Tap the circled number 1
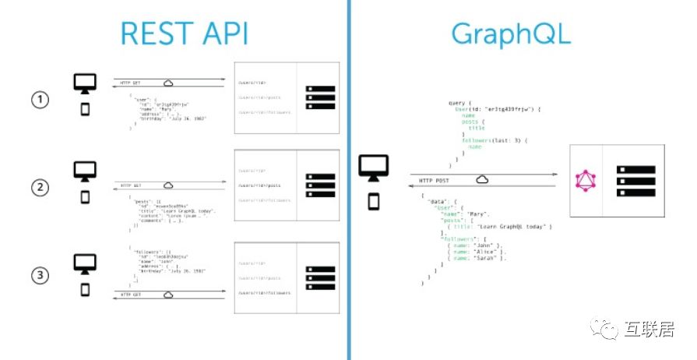click(x=40, y=99)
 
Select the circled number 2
click(x=40, y=187)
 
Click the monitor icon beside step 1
click(x=85, y=83)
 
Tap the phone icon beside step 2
click(x=85, y=198)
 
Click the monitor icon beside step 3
click(x=85, y=263)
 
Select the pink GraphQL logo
click(x=585, y=182)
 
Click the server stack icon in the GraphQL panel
click(x=632, y=181)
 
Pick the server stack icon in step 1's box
click(x=319, y=97)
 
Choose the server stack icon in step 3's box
click(x=319, y=277)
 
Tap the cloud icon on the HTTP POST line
click(x=483, y=180)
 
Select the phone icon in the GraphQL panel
click(x=374, y=202)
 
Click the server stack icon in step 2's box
click(x=319, y=186)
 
